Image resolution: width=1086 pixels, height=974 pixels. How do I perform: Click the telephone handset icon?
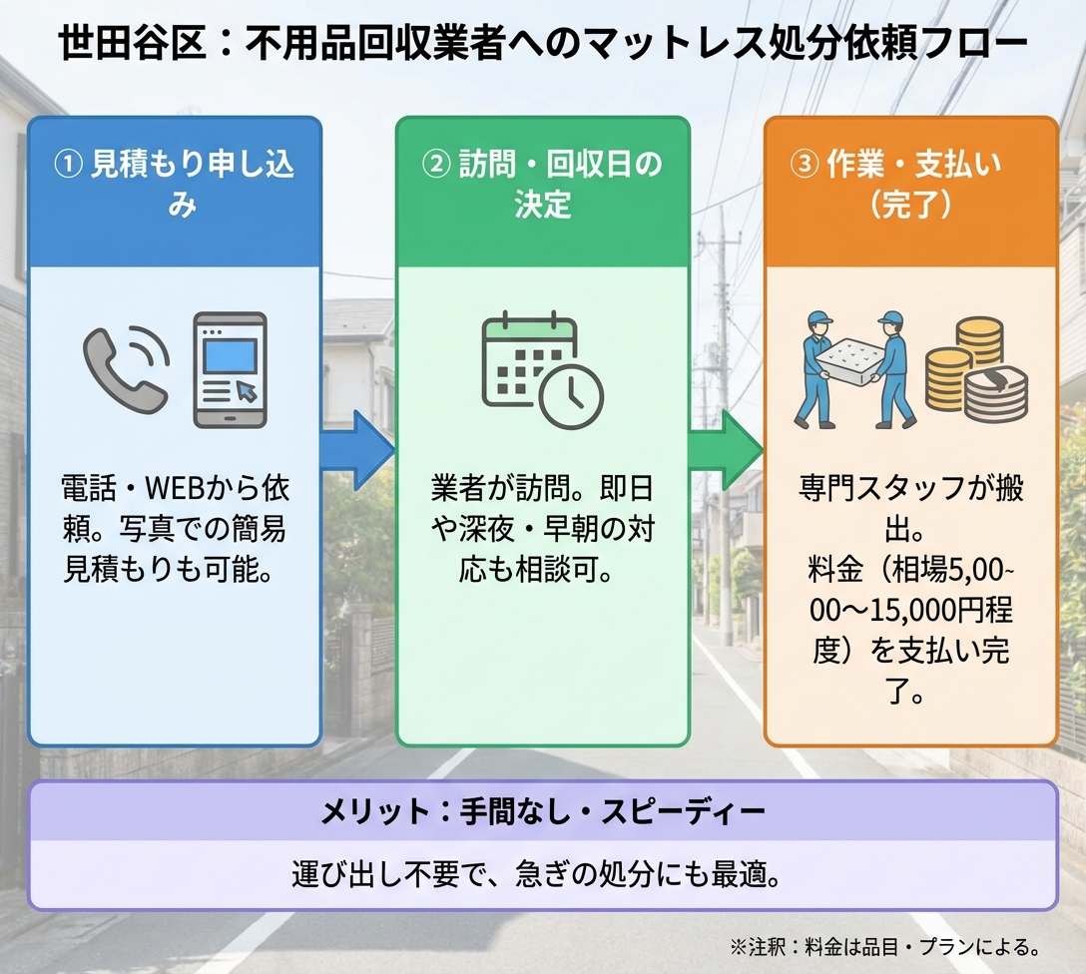126,366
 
